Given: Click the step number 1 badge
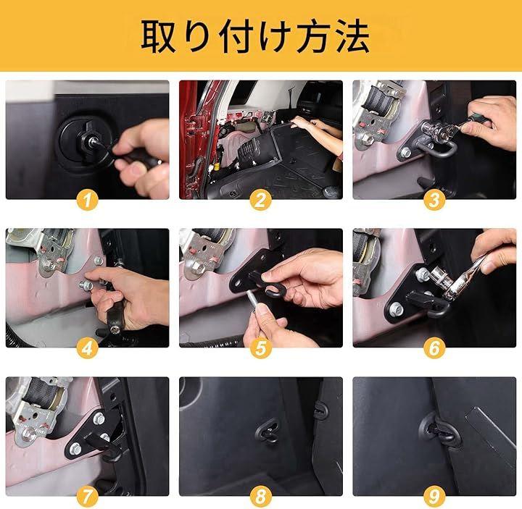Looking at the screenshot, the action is tap(87, 200).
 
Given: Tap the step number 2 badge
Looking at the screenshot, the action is tap(261, 200).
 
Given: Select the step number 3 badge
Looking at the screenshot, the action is tap(434, 200).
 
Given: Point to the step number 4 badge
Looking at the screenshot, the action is tap(87, 348).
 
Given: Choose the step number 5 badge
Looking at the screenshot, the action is tap(261, 348).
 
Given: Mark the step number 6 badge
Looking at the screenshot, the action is tap(434, 348).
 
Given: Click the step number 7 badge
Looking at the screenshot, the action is tap(87, 497).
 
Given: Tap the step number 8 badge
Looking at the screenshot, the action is tap(261, 497).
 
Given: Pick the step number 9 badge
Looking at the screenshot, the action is tap(434, 497).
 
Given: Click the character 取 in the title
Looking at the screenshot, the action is tap(159, 36).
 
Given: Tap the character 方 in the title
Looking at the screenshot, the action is tap(314, 36).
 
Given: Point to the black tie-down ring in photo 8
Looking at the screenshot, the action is tap(268, 432).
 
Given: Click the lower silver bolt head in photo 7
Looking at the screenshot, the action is tap(75, 449).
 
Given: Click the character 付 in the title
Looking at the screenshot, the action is tap(236, 36).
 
